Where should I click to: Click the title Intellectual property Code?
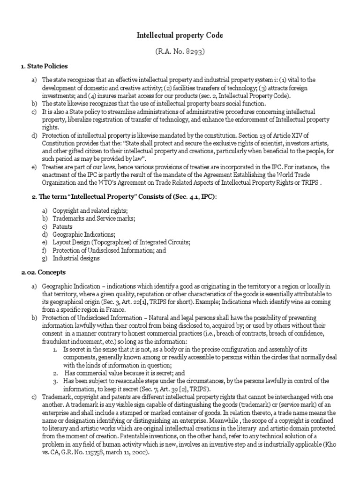pos(180,35)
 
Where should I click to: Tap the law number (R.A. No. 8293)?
pos(180,51)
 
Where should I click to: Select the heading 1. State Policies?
pos(44,66)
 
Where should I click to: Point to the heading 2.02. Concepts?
pos(43,272)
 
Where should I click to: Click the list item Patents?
pos(63,226)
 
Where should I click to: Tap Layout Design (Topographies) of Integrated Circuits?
pos(121,242)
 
